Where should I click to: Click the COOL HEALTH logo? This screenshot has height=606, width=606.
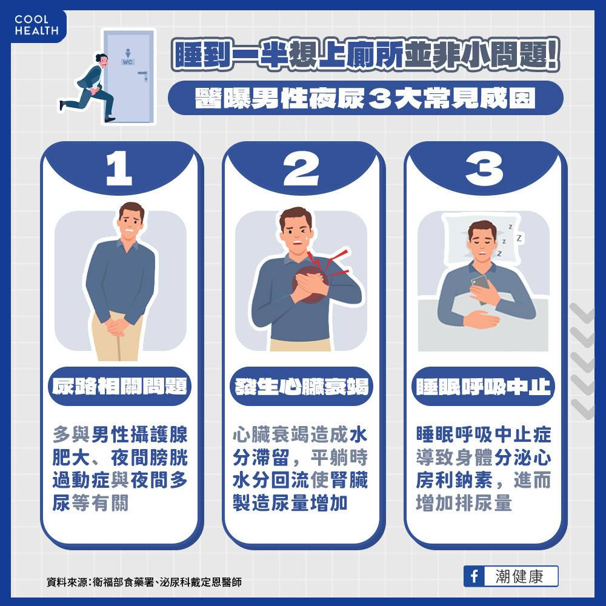click(x=37, y=25)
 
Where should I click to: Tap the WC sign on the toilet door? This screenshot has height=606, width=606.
click(x=127, y=62)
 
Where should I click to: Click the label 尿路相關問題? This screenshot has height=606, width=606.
click(x=119, y=386)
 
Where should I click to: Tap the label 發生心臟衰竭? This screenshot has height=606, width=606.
click(x=301, y=386)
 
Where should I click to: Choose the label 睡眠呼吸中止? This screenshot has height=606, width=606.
click(x=484, y=386)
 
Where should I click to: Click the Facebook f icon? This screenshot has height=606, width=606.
click(x=474, y=576)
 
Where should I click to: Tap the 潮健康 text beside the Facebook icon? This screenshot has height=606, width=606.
click(x=519, y=576)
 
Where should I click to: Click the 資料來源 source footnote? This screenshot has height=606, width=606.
click(x=144, y=582)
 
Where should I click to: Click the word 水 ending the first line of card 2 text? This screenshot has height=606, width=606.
click(x=358, y=435)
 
